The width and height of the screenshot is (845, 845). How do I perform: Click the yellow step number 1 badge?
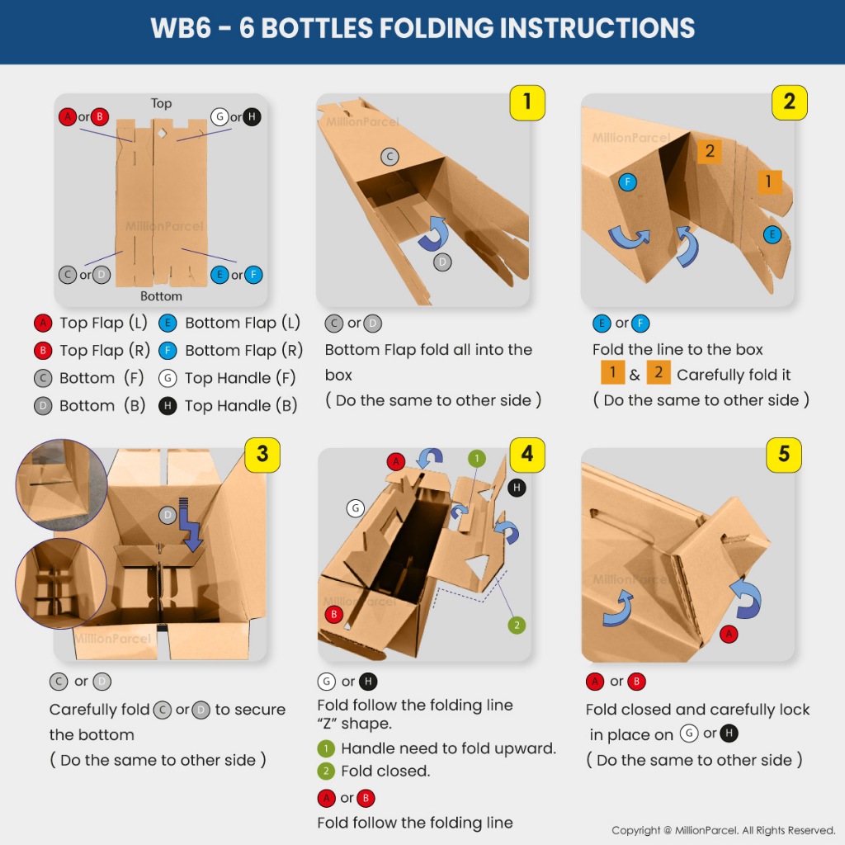(527, 102)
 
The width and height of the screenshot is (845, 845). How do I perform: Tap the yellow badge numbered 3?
(262, 455)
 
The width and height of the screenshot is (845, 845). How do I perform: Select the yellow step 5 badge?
(784, 455)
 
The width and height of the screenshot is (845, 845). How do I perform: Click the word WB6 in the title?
(181, 28)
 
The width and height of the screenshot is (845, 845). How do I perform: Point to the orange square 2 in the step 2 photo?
(710, 152)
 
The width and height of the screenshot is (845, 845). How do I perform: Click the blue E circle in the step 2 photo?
(772, 234)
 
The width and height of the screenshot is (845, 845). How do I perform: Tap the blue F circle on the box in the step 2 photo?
(627, 182)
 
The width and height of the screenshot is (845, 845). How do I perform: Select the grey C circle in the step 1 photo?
(389, 157)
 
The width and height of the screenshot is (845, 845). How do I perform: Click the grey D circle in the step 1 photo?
(442, 262)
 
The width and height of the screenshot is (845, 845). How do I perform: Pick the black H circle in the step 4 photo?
(517, 489)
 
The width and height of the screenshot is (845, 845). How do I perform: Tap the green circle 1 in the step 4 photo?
(476, 459)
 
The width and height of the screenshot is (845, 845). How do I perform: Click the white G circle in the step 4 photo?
(355, 507)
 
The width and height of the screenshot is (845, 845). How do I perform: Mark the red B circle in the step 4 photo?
(334, 614)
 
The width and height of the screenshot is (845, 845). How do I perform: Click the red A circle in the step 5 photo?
(729, 634)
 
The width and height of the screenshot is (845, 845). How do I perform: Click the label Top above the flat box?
(161, 103)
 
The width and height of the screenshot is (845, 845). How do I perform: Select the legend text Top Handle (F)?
(240, 378)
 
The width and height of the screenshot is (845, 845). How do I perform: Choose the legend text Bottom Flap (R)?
(243, 350)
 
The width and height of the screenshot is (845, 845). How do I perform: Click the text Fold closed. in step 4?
(385, 772)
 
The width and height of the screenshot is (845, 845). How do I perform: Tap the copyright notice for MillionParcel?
(723, 830)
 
